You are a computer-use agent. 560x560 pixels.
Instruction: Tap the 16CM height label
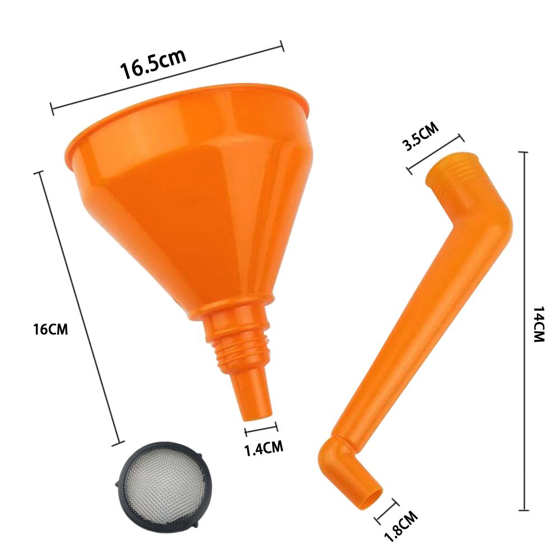50,329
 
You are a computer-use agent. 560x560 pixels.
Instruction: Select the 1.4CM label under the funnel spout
263,447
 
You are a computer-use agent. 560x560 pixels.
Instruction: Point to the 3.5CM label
421,138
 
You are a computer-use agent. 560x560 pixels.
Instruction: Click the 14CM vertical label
538,324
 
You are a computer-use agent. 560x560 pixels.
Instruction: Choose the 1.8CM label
402,527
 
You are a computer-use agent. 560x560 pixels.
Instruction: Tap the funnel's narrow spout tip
258,412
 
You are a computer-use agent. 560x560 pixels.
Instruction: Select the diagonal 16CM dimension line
78,308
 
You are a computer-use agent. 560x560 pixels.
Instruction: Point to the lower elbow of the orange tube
336,459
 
